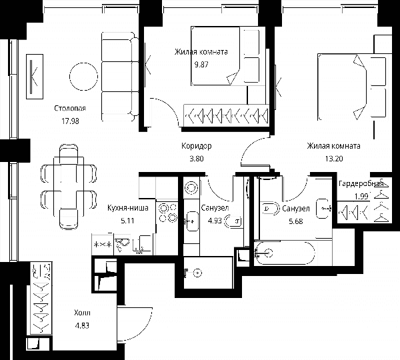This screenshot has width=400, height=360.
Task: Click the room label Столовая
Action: point(70,109)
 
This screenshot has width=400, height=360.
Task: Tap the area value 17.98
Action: point(70,121)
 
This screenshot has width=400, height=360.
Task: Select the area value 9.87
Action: point(201,64)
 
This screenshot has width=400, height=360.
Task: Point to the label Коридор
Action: point(197,146)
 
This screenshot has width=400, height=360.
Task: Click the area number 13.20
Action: point(334,159)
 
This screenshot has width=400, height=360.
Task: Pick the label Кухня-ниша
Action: point(128,208)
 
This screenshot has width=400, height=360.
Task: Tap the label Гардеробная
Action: point(361,184)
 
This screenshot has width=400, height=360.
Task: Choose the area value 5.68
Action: point(296,221)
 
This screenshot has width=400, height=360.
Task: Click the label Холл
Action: point(82,313)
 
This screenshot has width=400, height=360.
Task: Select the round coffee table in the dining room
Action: point(83,77)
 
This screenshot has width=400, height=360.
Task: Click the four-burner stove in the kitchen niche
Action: point(168,213)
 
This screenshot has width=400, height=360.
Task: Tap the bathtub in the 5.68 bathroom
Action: point(285,253)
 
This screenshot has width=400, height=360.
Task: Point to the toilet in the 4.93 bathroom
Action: point(233,221)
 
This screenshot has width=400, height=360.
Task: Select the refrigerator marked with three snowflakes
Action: point(103,245)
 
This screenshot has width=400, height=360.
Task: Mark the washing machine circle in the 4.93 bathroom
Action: point(191,188)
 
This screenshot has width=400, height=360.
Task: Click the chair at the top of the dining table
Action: point(69,154)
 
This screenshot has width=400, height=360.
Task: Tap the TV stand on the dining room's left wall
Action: point(35,77)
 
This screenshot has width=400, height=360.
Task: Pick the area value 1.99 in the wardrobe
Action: point(361,197)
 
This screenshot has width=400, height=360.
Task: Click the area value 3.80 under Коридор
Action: point(197,159)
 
